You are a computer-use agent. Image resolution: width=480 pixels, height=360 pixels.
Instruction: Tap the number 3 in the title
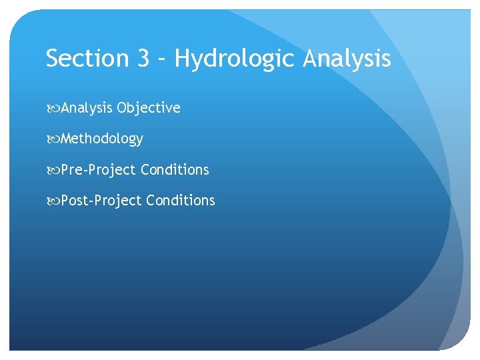(144, 59)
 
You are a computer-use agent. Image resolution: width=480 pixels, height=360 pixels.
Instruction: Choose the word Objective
(149, 108)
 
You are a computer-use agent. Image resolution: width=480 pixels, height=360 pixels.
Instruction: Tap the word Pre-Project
(98, 170)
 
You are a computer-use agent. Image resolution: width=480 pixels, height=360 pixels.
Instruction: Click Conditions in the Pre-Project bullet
(175, 170)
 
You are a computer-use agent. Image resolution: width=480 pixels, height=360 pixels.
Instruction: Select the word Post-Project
(101, 201)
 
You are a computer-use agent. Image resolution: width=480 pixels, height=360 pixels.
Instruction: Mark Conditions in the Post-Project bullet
(181, 201)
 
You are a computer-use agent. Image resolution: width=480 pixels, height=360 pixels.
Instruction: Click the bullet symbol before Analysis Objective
(53, 108)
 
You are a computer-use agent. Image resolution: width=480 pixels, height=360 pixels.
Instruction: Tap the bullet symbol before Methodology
(53, 139)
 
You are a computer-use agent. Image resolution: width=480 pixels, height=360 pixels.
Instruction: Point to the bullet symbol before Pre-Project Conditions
(53, 170)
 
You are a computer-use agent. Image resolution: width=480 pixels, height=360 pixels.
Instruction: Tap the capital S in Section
(53, 59)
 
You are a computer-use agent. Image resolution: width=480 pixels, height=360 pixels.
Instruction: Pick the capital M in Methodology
(67, 139)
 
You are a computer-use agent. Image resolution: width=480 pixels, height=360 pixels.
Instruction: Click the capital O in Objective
(122, 108)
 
